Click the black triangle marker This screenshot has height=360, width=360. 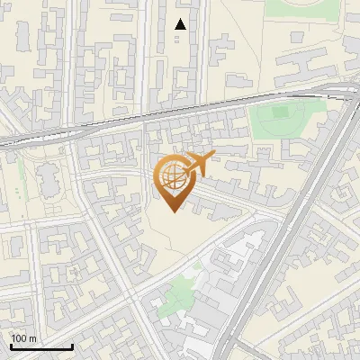pyautogui.click(x=181, y=24)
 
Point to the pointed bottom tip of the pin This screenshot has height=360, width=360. pyautogui.click(x=172, y=211)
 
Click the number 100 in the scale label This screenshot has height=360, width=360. pyautogui.click(x=19, y=337)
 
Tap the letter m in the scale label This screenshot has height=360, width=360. pyautogui.click(x=33, y=337)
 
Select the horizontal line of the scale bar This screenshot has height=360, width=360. pyautogui.click(x=41, y=346)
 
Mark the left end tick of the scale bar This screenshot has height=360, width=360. pyautogui.click(x=10, y=345)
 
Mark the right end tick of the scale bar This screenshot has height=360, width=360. pyautogui.click(x=73, y=345)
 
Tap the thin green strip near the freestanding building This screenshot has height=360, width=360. pyautogui.click(x=20, y=175)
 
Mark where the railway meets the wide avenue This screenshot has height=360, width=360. pyautogui.click(x=340, y=91)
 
